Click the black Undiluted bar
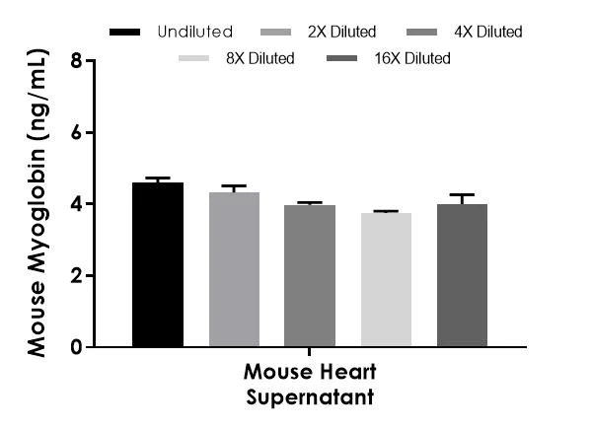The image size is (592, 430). (x=158, y=264)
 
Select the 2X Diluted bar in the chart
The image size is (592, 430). (x=234, y=269)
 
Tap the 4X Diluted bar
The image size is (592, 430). (x=310, y=275)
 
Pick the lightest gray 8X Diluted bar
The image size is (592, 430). (x=386, y=279)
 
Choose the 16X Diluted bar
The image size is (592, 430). (x=462, y=275)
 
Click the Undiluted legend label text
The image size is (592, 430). (x=194, y=32)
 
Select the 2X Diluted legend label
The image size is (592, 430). (x=341, y=32)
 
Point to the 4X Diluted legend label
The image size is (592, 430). (x=488, y=32)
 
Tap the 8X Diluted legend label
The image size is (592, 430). (x=260, y=58)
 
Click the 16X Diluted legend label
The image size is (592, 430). (x=412, y=58)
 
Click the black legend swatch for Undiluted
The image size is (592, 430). (x=124, y=33)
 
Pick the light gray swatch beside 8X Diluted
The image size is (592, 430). (x=193, y=58)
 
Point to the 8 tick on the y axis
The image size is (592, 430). (x=76, y=60)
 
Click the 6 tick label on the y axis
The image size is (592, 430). (x=76, y=132)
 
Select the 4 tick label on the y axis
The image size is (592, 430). (x=76, y=204)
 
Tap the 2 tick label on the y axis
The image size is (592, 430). (x=76, y=275)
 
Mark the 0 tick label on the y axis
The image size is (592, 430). (x=76, y=346)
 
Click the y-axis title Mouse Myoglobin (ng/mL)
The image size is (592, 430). (x=37, y=203)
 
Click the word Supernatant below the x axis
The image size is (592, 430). (x=310, y=397)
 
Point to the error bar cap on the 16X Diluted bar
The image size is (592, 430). (x=462, y=195)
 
